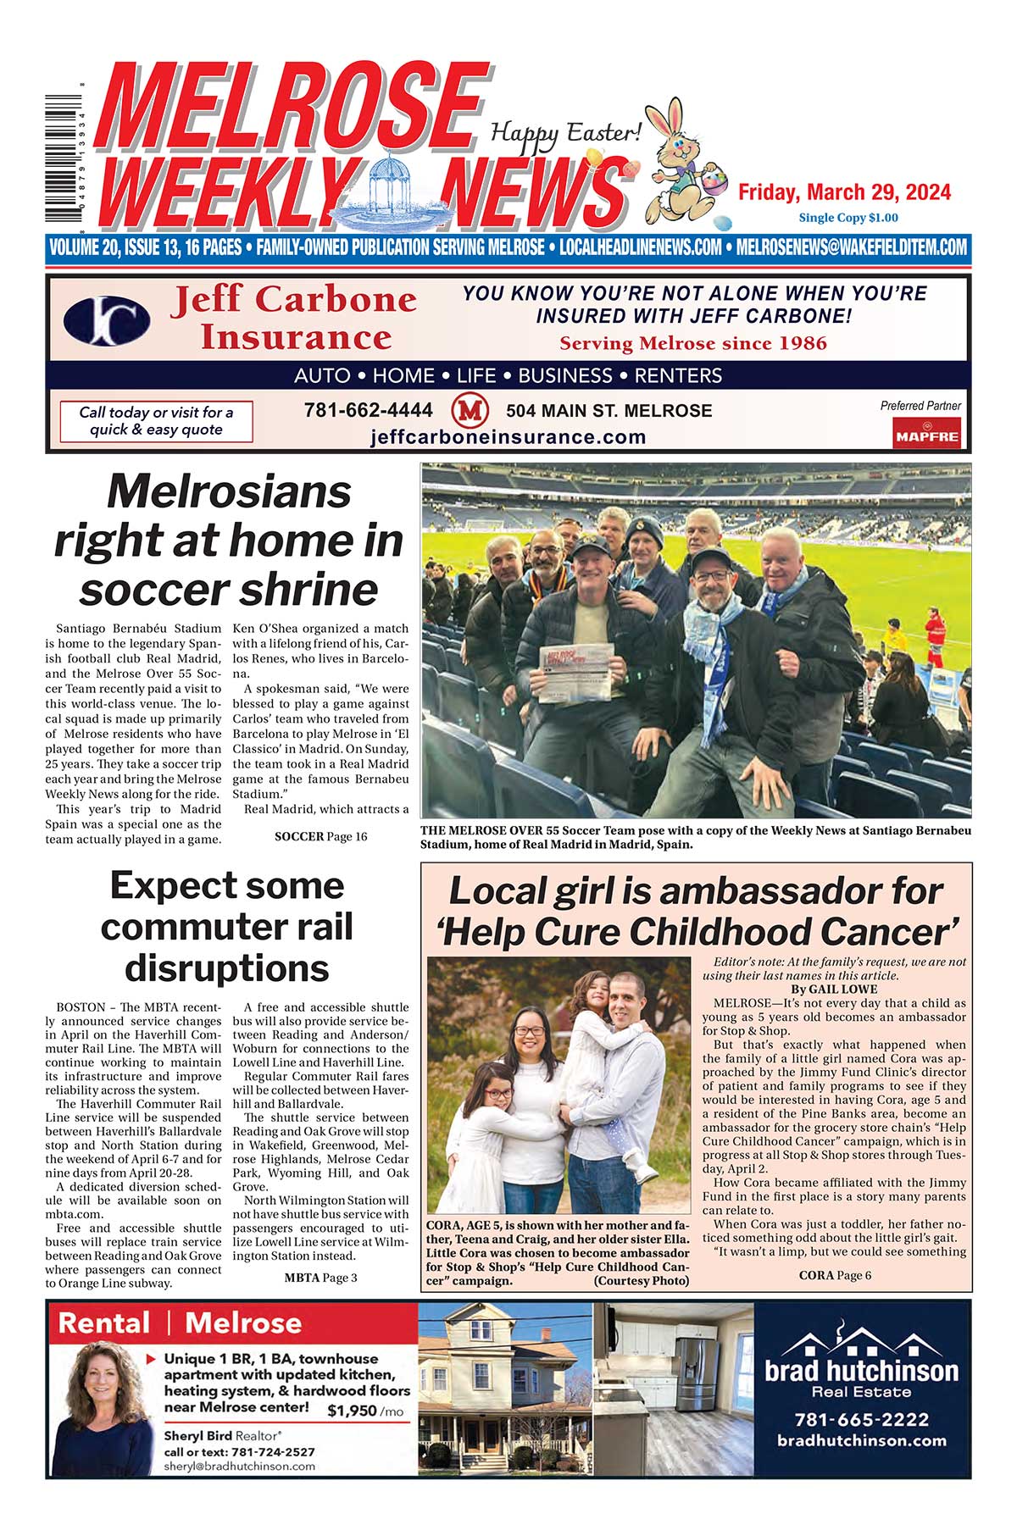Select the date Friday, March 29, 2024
click(844, 192)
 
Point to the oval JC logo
click(107, 321)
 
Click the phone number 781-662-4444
click(368, 410)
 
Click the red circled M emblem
click(470, 411)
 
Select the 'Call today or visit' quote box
click(156, 421)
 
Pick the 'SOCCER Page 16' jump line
click(320, 836)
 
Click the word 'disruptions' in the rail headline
click(226, 967)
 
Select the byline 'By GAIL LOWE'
click(834, 989)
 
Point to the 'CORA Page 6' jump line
click(835, 1275)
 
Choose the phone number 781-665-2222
click(861, 1419)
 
